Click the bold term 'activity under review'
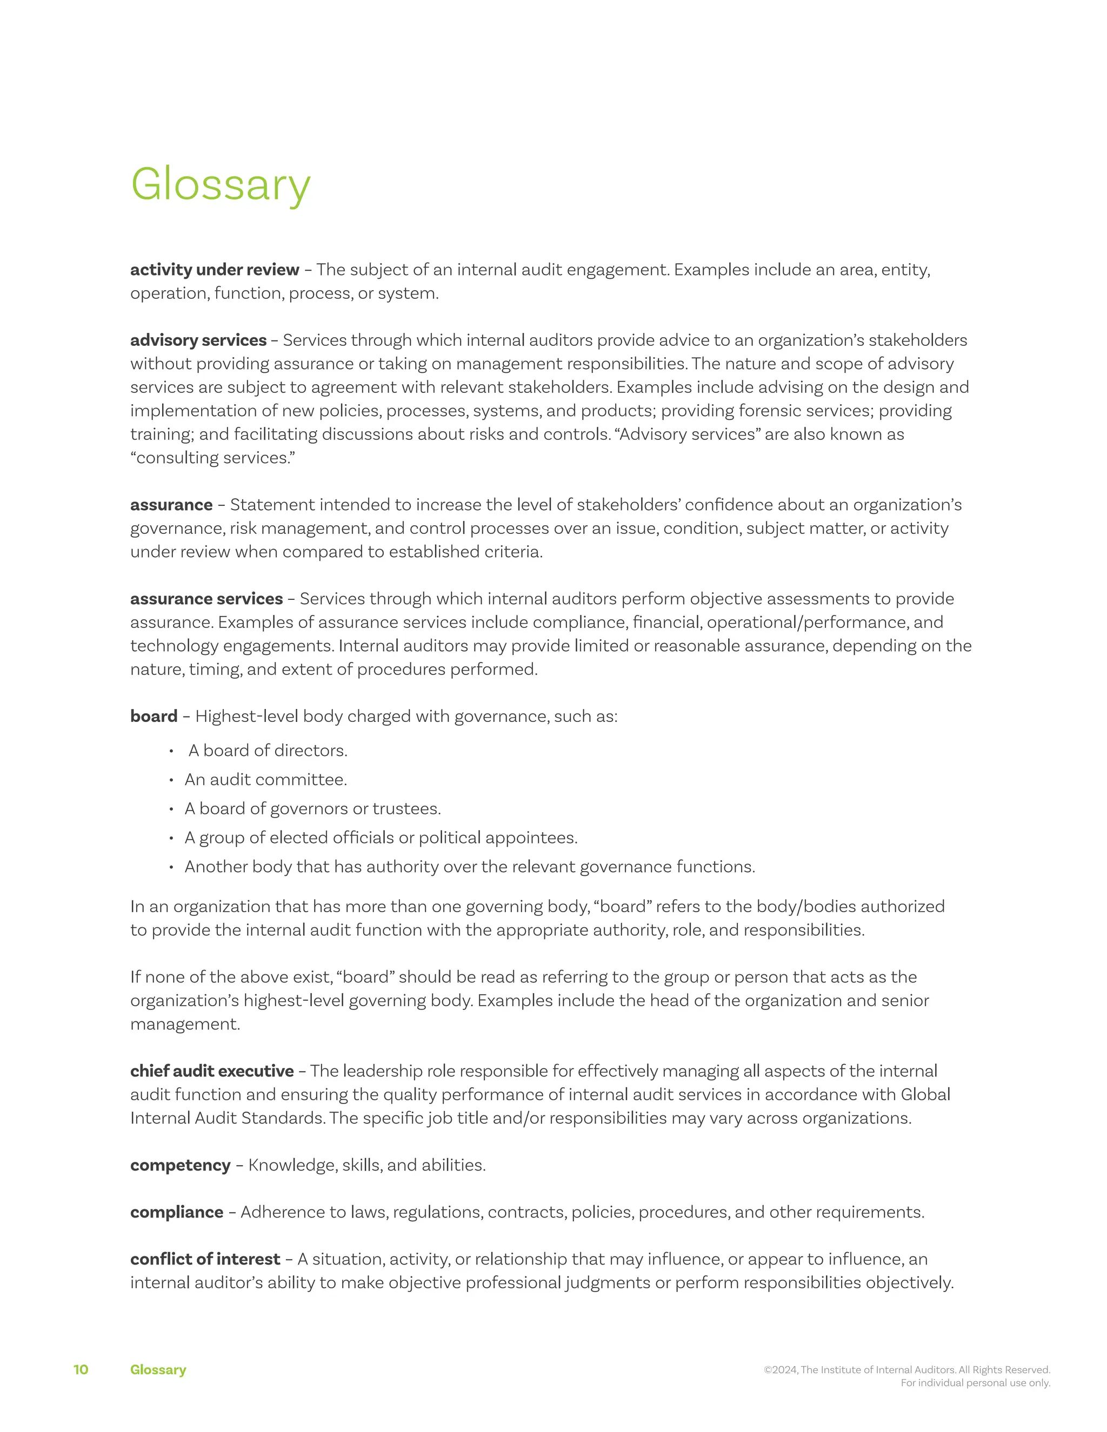pyautogui.click(x=215, y=270)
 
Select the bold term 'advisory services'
pyautogui.click(x=198, y=340)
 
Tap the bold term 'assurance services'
pyautogui.click(x=206, y=599)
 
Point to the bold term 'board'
pyautogui.click(x=154, y=716)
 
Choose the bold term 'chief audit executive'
pyautogui.click(x=212, y=1070)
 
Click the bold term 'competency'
pyautogui.click(x=181, y=1165)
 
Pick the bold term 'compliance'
pyautogui.click(x=176, y=1212)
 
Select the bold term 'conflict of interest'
pyautogui.click(x=205, y=1259)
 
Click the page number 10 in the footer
pyautogui.click(x=81, y=1370)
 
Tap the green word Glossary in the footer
pyautogui.click(x=158, y=1370)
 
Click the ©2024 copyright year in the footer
pyautogui.click(x=781, y=1370)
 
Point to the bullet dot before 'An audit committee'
pyautogui.click(x=171, y=780)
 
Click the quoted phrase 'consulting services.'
pyautogui.click(x=212, y=458)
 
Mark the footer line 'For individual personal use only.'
pyautogui.click(x=975, y=1383)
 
